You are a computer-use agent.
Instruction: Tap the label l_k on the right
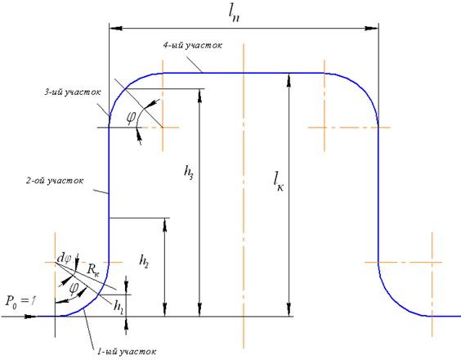click(278, 182)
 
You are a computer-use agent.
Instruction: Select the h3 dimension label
click(189, 172)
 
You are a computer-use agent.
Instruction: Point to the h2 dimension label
click(144, 261)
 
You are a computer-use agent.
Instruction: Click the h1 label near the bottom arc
click(119, 307)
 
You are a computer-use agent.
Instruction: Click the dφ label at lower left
click(64, 259)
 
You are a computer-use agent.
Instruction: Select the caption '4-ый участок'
click(193, 45)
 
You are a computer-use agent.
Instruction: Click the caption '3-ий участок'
click(73, 92)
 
